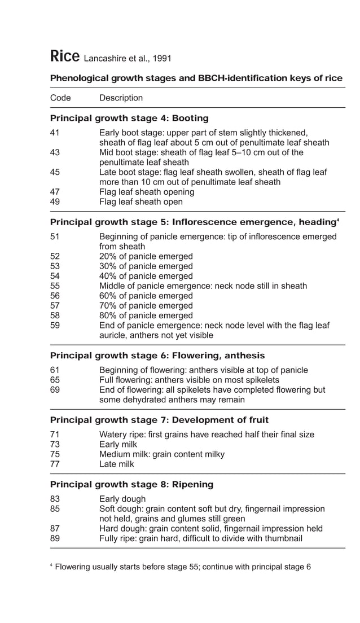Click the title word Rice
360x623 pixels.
click(x=64, y=56)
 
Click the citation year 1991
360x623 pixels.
click(x=160, y=59)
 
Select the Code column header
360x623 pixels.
click(x=60, y=98)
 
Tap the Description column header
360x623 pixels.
click(x=121, y=98)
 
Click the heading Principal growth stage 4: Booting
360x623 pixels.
click(x=129, y=119)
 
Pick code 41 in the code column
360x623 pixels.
click(x=55, y=133)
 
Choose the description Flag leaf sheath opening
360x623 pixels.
click(x=147, y=192)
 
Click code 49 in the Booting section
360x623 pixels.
click(x=55, y=201)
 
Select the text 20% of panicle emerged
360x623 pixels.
click(x=146, y=256)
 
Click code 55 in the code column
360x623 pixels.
click(x=55, y=286)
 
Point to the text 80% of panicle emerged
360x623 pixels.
click(x=146, y=315)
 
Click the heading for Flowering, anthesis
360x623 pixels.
click(x=157, y=356)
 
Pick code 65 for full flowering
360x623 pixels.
click(x=55, y=380)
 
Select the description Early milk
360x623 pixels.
click(x=118, y=445)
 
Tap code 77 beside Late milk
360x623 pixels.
click(x=55, y=464)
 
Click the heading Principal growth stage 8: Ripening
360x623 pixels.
click(x=131, y=484)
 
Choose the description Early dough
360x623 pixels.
click(x=122, y=499)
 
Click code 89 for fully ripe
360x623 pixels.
click(x=55, y=538)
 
